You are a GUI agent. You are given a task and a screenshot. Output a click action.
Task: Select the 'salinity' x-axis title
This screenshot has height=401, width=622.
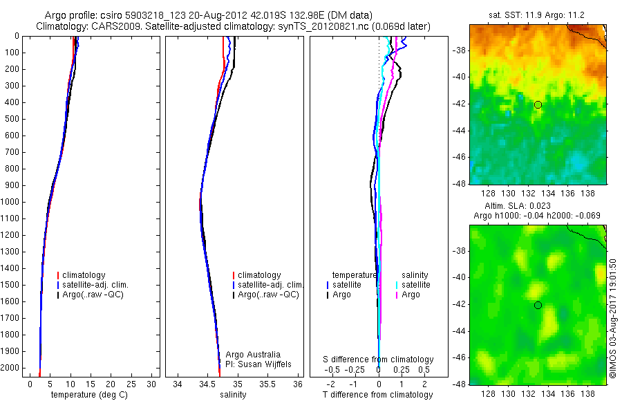pyautogui.click(x=232, y=395)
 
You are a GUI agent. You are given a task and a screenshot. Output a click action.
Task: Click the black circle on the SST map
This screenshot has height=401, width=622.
pyautogui.click(x=538, y=104)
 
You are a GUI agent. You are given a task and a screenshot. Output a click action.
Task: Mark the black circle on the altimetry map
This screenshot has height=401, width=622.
pyautogui.click(x=538, y=305)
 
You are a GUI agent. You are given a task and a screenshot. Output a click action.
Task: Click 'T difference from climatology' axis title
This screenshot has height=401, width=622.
pyautogui.click(x=379, y=395)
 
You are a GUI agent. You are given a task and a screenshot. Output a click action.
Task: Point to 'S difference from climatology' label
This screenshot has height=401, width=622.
pyautogui.click(x=379, y=360)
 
